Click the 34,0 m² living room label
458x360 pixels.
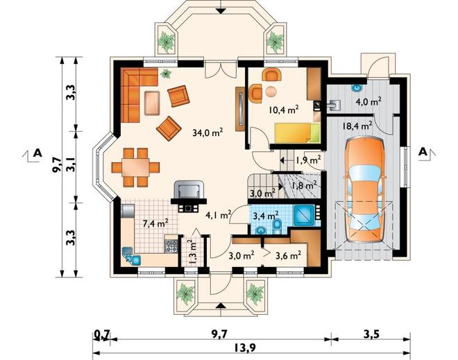click(207, 133)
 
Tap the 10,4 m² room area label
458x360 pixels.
click(283, 110)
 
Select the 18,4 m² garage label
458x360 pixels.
click(357, 126)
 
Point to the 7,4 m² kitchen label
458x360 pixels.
click(155, 224)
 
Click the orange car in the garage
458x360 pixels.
click(365, 190)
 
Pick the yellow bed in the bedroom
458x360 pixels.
click(297, 133)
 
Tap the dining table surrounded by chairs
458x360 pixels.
click(135, 167)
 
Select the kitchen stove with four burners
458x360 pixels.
click(171, 246)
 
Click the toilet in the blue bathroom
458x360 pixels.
click(276, 226)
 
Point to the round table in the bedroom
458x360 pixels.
click(271, 92)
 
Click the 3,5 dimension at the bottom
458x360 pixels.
click(371, 334)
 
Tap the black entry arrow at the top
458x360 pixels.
click(221, 10)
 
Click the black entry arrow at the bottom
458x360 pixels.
click(221, 305)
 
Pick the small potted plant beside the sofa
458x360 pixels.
click(167, 74)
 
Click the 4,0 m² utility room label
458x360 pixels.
click(368, 102)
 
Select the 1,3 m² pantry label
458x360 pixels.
click(192, 252)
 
